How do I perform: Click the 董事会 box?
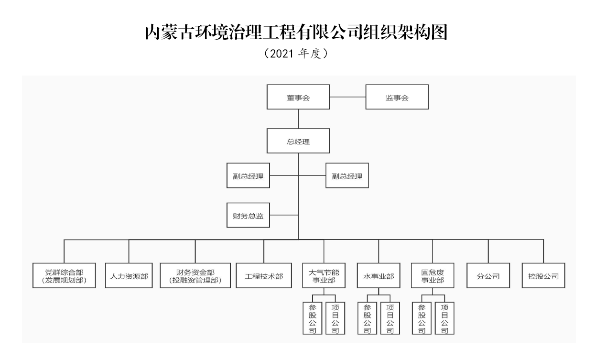click(x=298, y=98)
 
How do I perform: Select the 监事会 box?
click(x=397, y=98)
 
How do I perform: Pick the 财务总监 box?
click(x=249, y=215)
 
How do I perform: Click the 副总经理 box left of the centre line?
click(x=249, y=176)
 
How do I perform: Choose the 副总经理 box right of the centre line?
click(x=347, y=176)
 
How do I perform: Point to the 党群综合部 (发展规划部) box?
click(x=65, y=276)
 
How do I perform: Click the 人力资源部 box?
click(x=129, y=276)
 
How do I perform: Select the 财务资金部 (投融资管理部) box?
click(x=195, y=276)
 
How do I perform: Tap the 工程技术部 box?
click(x=264, y=276)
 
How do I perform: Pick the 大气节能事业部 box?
click(x=324, y=276)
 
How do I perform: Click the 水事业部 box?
click(x=379, y=276)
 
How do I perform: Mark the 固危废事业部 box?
click(x=433, y=276)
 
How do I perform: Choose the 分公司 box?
click(x=488, y=276)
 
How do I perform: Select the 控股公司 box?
click(x=543, y=276)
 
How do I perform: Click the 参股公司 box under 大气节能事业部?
click(x=313, y=318)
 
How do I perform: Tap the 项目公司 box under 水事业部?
click(x=390, y=318)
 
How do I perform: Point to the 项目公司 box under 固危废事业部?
click(x=444, y=318)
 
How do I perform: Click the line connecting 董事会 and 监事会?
click(x=347, y=98)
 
